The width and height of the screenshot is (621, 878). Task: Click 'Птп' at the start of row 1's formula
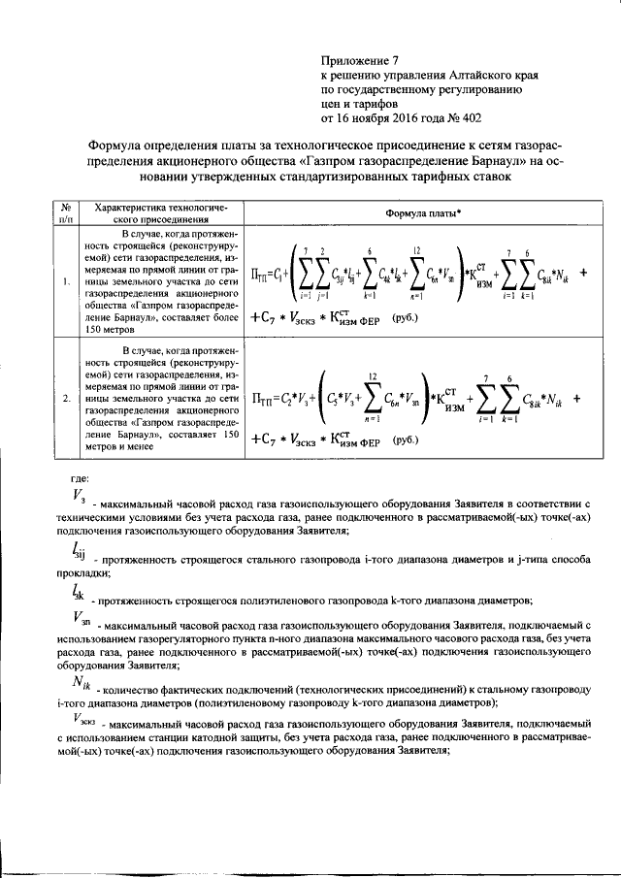[261, 275]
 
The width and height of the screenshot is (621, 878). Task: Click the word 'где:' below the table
[82, 477]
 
